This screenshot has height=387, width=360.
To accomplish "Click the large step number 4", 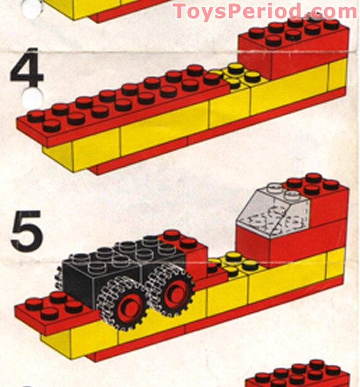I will pos(27,68).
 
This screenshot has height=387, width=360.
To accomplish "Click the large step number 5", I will pos(27,230).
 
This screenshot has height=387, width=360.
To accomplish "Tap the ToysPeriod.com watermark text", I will pos(265,11).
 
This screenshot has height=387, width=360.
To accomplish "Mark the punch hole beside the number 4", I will pos(34,98).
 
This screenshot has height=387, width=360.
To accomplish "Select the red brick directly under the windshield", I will pos(253,244).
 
